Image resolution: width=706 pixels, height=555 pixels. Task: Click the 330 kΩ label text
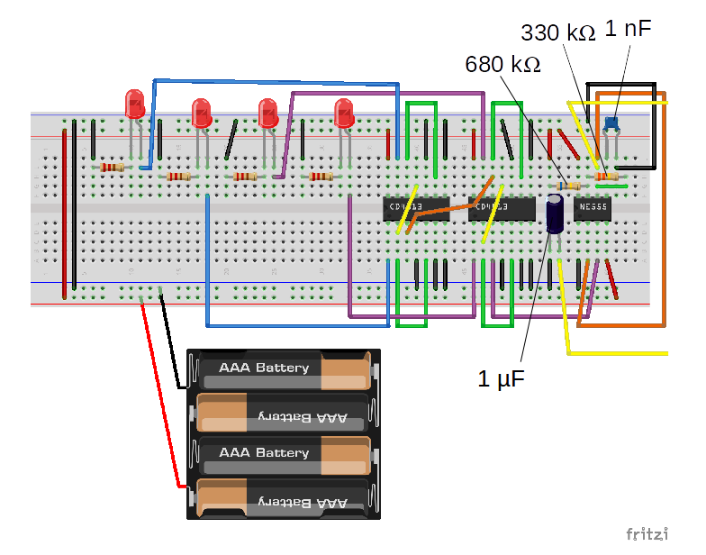(x=558, y=33)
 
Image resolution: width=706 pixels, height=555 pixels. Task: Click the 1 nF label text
(x=628, y=28)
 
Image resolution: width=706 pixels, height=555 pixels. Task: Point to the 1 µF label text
(x=502, y=378)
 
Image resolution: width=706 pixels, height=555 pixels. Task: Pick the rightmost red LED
(x=343, y=113)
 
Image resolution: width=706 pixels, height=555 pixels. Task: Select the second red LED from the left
(x=202, y=113)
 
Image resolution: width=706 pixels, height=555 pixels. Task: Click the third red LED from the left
(x=267, y=113)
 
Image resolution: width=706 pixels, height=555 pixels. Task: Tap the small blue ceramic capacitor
(x=612, y=122)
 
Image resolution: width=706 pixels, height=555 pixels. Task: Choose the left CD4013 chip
(x=415, y=208)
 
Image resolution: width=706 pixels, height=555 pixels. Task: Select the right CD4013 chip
(x=501, y=208)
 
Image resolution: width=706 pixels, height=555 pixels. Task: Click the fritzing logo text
(x=647, y=534)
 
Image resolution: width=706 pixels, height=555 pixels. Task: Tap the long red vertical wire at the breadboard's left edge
(x=64, y=212)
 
